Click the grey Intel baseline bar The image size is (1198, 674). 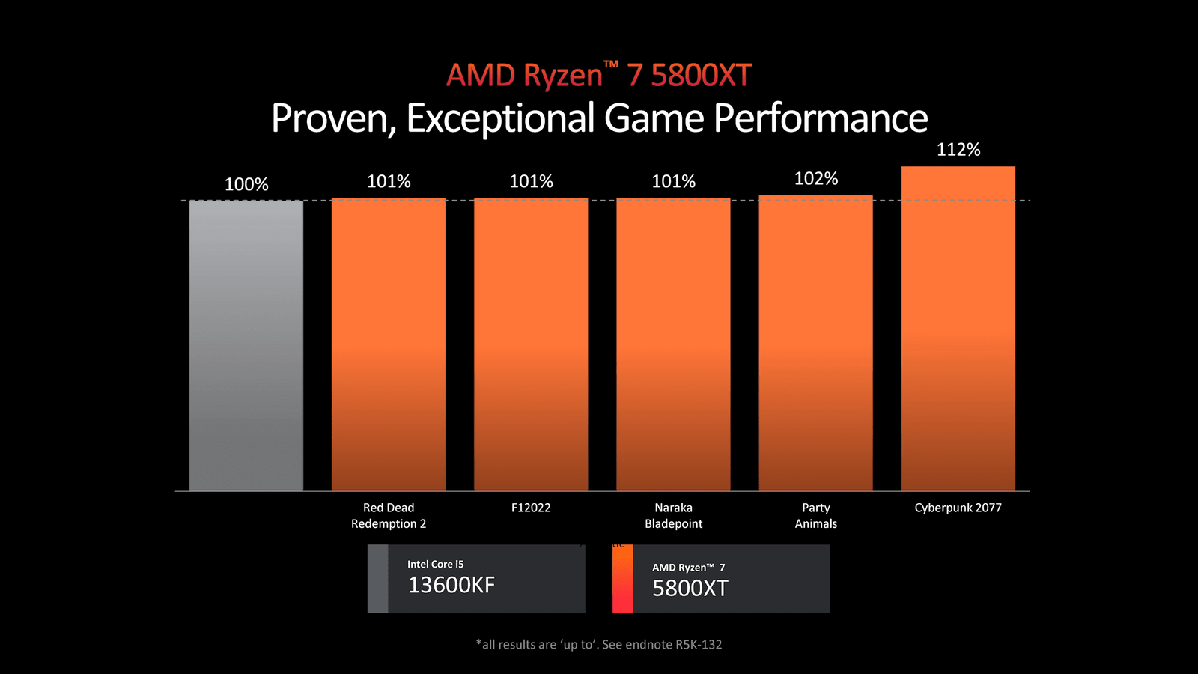pyautogui.click(x=246, y=344)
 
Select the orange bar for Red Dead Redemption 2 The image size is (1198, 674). pyautogui.click(x=389, y=344)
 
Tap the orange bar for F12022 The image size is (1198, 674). pyautogui.click(x=531, y=344)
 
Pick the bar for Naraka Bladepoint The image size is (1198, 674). pyautogui.click(x=673, y=344)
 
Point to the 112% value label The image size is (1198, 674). pyautogui.click(x=958, y=150)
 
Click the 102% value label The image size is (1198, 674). pyautogui.click(x=816, y=179)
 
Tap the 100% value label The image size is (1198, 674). pyautogui.click(x=246, y=184)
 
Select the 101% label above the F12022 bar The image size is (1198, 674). pyautogui.click(x=531, y=182)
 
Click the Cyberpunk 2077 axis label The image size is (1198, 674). pyautogui.click(x=958, y=508)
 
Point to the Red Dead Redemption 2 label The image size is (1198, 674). pyautogui.click(x=389, y=516)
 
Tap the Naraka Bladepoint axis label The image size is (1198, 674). pyautogui.click(x=673, y=516)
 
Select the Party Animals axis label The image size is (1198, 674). pyautogui.click(x=815, y=516)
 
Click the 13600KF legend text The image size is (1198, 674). pyautogui.click(x=451, y=585)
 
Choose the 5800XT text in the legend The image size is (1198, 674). pyautogui.click(x=690, y=589)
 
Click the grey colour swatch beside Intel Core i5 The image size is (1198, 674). pyautogui.click(x=378, y=579)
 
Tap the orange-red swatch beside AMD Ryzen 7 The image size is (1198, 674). pyautogui.click(x=622, y=579)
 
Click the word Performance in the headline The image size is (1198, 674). pyautogui.click(x=821, y=118)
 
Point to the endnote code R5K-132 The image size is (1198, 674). pyautogui.click(x=699, y=644)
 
